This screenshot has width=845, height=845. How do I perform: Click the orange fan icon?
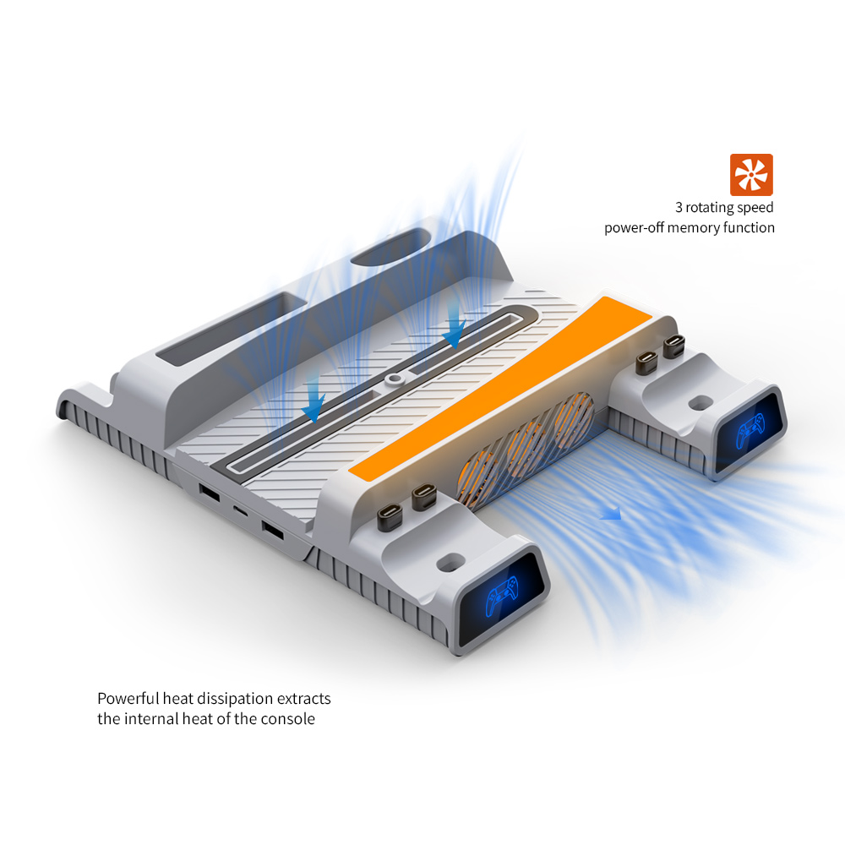(751, 175)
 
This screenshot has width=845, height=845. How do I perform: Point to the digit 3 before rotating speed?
(679, 208)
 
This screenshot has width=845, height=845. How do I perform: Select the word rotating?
(710, 208)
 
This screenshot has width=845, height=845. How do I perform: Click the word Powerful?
(128, 699)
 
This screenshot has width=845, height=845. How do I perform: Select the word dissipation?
(236, 699)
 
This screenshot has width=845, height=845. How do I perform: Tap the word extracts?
(304, 699)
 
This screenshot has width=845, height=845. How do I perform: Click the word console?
(288, 719)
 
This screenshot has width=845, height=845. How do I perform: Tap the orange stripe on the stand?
(500, 387)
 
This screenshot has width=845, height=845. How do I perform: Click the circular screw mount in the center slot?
(395, 379)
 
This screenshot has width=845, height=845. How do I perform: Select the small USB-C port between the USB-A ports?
(240, 510)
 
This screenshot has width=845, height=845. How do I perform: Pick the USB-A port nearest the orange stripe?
(273, 530)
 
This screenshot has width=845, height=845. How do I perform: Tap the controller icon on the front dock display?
(501, 595)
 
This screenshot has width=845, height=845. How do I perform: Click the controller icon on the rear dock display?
(750, 430)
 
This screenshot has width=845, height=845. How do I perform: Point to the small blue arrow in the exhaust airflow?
(611, 514)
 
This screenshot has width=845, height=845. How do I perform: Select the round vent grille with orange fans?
(526, 450)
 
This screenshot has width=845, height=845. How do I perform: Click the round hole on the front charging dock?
(451, 563)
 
